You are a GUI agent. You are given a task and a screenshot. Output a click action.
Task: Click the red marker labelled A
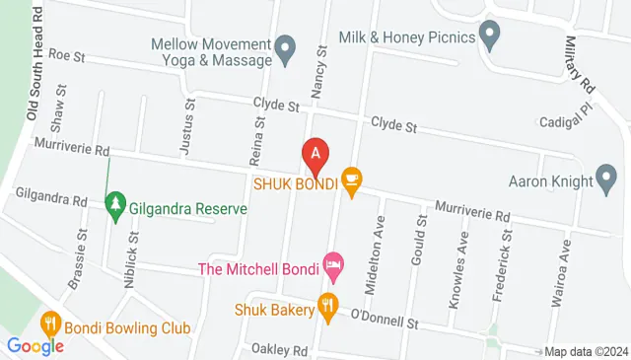[315, 155]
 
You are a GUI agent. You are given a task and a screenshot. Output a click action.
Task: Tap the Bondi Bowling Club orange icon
[51, 325]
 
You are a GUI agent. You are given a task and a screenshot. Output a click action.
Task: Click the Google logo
[35, 346]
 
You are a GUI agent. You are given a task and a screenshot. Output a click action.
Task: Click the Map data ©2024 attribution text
[586, 351]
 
